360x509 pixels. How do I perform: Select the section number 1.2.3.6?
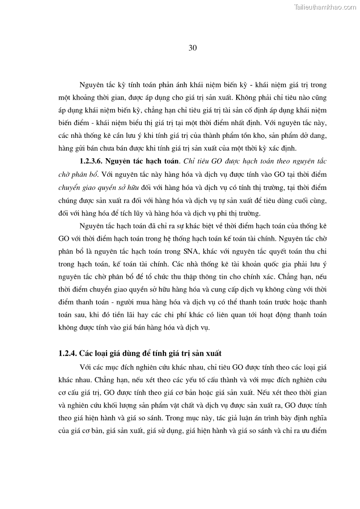[x=95, y=160]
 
